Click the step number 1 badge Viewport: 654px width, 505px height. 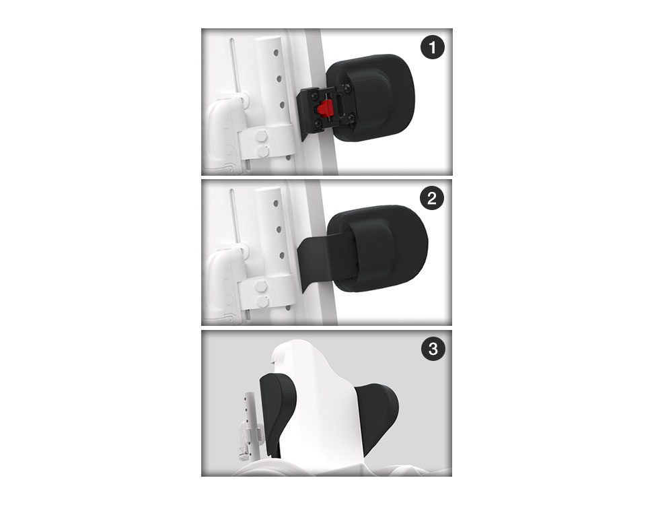(433, 47)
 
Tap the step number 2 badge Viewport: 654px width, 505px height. (432, 198)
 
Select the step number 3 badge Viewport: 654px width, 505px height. (433, 349)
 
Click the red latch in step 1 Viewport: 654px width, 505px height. (324, 108)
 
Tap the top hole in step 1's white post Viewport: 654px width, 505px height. (276, 53)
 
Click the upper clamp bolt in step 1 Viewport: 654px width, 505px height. (261, 135)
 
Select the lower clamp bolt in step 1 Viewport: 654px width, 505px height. (263, 151)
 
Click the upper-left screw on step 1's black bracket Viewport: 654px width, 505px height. (314, 96)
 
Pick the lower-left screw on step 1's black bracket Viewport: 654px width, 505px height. (318, 123)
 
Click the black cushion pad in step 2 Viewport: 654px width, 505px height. (377, 248)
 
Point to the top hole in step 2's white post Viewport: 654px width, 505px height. (276, 203)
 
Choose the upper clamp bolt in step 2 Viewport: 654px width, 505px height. (261, 286)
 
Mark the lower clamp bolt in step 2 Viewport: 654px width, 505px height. (263, 302)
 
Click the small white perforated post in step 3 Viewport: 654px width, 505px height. (249, 425)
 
